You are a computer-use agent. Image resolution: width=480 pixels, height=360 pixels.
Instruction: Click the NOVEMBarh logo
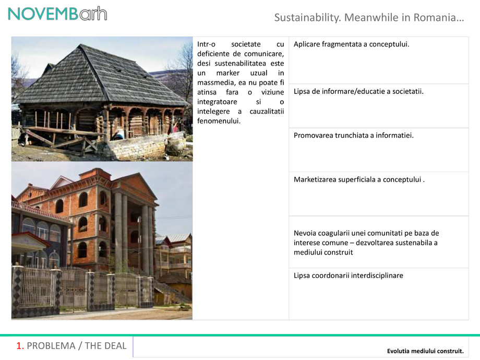(x=57, y=13)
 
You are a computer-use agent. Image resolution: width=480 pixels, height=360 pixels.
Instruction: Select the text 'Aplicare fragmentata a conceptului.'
(x=351, y=44)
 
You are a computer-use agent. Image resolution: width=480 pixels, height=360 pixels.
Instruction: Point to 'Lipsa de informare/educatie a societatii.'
(x=358, y=91)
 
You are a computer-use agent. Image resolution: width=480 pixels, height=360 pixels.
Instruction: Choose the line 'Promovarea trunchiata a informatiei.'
(x=353, y=135)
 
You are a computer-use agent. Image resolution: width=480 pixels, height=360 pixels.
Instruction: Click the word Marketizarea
(x=317, y=179)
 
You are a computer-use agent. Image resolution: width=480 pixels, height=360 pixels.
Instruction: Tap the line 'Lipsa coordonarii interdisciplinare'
(x=348, y=275)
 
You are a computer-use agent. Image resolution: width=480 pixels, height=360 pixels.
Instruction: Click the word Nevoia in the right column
(x=305, y=233)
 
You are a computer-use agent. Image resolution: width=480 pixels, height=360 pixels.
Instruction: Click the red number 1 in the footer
(x=19, y=345)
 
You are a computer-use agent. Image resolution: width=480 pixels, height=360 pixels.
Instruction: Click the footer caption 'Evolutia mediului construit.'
(x=425, y=350)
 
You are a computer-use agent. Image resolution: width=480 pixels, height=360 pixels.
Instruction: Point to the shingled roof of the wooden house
(x=99, y=78)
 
